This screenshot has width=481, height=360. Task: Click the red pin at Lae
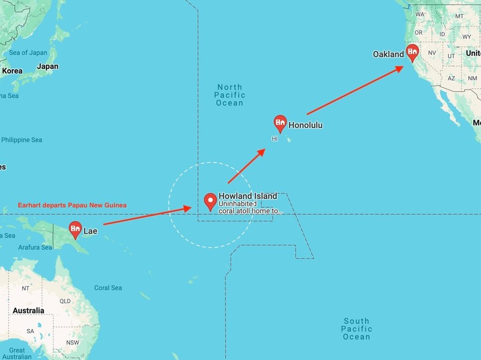(75, 229)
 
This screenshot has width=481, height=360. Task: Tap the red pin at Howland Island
(211, 201)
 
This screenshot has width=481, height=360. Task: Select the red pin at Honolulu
(280, 124)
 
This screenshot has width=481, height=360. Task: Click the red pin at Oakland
(413, 52)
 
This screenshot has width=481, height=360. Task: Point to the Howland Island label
(248, 196)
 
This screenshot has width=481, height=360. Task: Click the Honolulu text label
(306, 125)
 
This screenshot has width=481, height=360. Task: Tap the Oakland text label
(388, 54)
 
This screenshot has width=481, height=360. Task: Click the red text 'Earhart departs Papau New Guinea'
(72, 205)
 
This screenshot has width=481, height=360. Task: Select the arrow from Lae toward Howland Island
(148, 216)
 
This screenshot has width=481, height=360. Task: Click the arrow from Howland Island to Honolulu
(246, 165)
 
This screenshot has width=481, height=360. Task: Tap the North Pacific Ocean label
(230, 95)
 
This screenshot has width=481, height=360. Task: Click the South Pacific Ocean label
(356, 329)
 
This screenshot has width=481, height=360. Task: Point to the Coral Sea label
(108, 288)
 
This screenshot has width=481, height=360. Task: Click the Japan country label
(47, 66)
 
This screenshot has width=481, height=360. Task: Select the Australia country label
(28, 311)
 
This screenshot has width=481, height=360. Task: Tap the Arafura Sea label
(35, 247)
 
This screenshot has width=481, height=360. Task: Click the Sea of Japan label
(28, 53)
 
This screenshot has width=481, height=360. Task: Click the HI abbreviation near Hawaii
(274, 139)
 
